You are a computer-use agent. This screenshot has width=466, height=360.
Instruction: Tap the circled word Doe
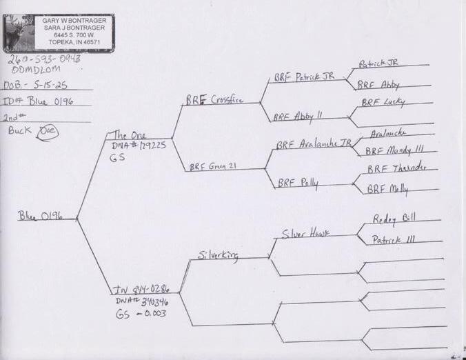coord(49,130)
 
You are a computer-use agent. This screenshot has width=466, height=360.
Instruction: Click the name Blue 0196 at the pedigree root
coord(40,216)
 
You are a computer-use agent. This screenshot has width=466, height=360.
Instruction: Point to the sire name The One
coord(129,135)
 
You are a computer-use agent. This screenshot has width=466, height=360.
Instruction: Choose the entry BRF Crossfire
coord(212,99)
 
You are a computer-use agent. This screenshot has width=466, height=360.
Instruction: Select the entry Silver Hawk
coord(305,233)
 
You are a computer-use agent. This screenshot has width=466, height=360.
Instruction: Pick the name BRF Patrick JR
coord(304,77)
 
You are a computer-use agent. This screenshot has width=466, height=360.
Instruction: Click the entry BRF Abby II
coord(298,117)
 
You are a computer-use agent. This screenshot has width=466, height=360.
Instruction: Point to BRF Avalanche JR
coord(310,145)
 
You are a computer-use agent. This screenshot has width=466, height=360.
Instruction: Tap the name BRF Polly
coord(298,183)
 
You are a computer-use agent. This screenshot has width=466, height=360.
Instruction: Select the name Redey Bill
coord(394,219)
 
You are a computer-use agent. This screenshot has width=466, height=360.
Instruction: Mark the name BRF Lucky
coord(383,102)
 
